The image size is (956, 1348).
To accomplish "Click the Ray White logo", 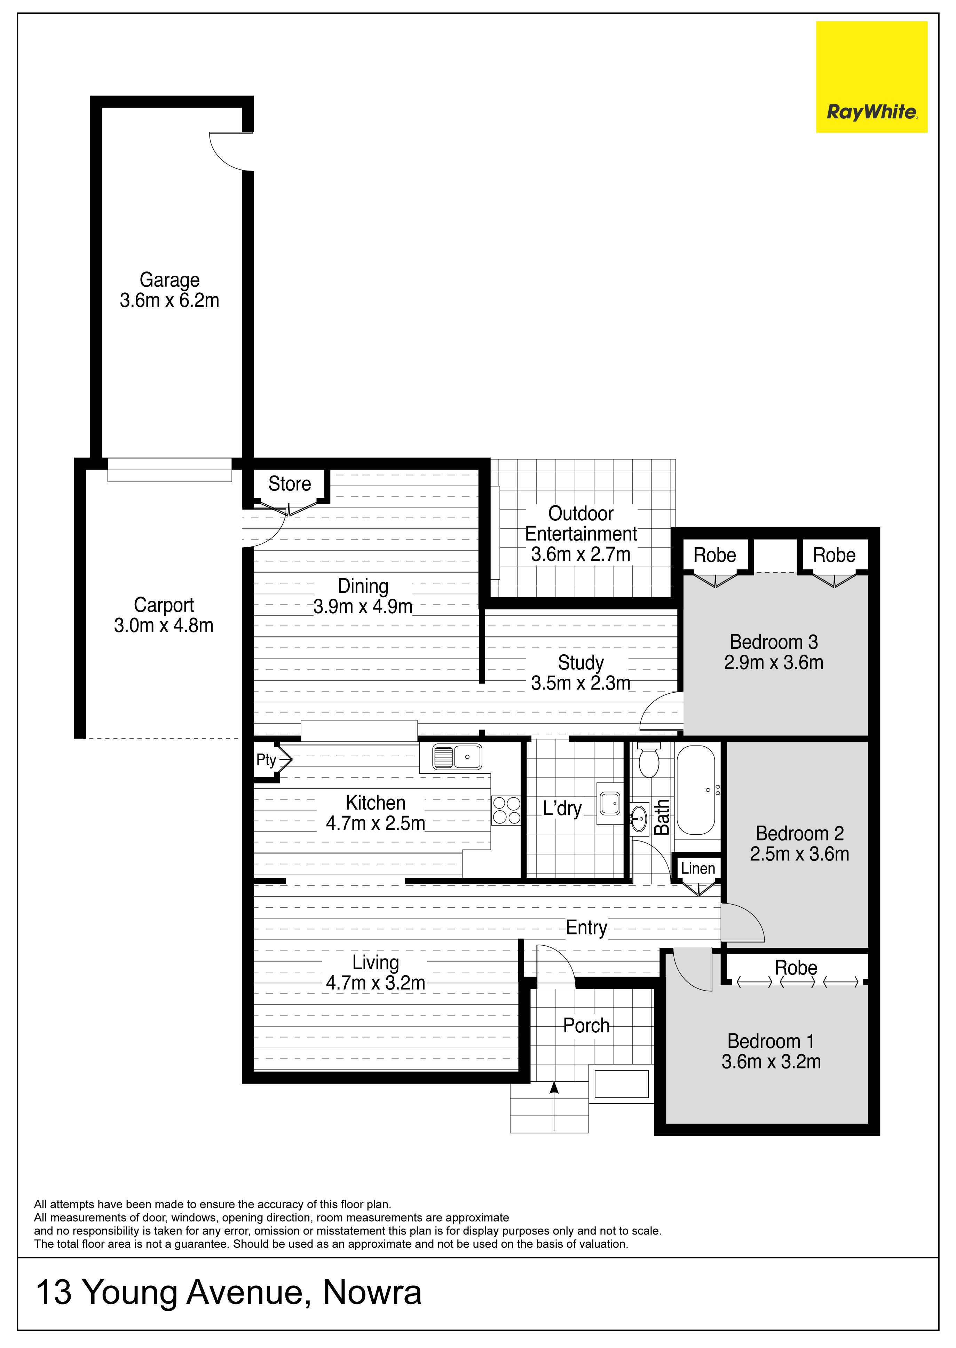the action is [871, 77].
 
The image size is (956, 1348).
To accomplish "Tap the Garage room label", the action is [169, 280].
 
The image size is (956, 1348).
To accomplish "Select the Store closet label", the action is [290, 484].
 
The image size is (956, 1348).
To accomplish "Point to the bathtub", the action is [696, 790].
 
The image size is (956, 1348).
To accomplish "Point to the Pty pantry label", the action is [266, 760].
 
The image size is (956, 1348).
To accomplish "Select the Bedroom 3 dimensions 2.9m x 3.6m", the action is [774, 663].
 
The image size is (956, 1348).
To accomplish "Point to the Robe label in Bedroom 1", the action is [796, 968].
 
